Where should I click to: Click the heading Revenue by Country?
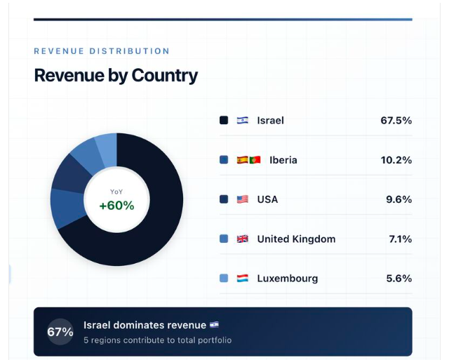point(116,76)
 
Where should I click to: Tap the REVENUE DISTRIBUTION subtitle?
point(102,51)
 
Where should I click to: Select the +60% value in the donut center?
point(116,206)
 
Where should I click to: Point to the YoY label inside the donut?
point(116,192)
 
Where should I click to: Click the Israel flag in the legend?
point(243,120)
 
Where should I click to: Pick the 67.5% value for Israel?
point(396,120)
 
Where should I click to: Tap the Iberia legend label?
point(283,160)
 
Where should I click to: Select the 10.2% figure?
point(396,160)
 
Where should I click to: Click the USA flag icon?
point(243,199)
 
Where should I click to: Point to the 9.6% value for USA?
point(398,199)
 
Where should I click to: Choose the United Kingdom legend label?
point(296,239)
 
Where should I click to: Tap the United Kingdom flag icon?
point(243,239)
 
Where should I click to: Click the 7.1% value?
point(400,239)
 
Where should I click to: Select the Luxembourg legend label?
point(288,279)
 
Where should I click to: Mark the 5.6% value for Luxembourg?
point(398,279)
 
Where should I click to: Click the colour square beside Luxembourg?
point(224,279)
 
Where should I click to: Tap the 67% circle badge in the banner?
point(60,332)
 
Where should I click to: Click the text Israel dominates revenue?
point(145,325)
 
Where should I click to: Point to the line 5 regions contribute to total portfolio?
point(157,340)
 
